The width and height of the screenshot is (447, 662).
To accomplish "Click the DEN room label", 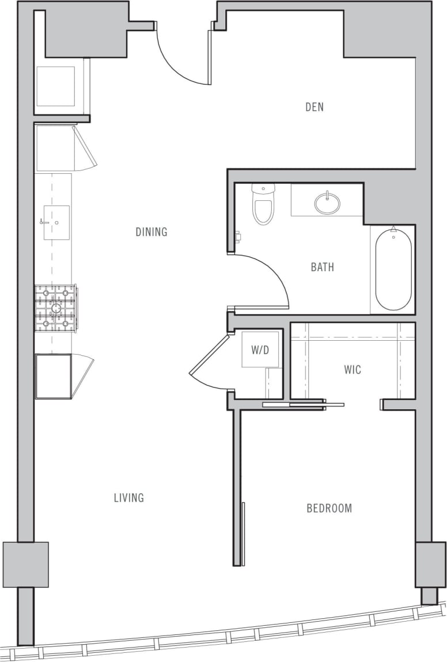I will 315,107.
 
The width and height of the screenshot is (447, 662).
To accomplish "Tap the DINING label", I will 151,232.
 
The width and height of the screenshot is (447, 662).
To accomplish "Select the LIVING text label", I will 128,498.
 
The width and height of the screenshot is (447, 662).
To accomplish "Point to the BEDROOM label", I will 329,508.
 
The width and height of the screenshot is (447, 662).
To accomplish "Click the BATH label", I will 322,267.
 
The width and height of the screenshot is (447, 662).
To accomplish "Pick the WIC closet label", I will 353,370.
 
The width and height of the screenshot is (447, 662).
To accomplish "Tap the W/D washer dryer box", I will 260,349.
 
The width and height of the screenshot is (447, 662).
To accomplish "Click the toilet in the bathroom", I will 263,206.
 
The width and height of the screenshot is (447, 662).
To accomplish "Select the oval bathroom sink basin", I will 327,203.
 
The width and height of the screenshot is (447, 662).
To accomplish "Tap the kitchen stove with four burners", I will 56,309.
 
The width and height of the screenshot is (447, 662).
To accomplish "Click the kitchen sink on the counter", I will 56,222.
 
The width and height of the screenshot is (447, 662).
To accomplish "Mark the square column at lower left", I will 25,564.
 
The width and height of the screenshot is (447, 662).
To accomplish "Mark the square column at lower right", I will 430,564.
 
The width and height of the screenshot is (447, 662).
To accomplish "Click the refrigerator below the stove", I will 54,376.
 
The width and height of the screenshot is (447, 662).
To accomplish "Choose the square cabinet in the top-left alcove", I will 56,86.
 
